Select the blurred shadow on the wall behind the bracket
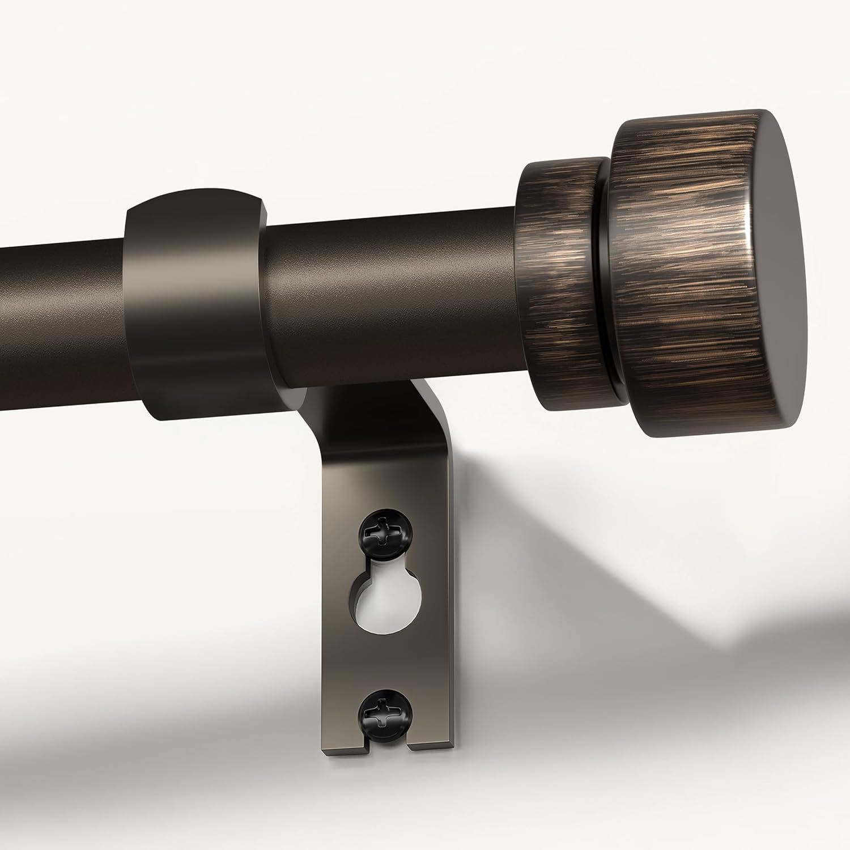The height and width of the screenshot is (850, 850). [x=595, y=567]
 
